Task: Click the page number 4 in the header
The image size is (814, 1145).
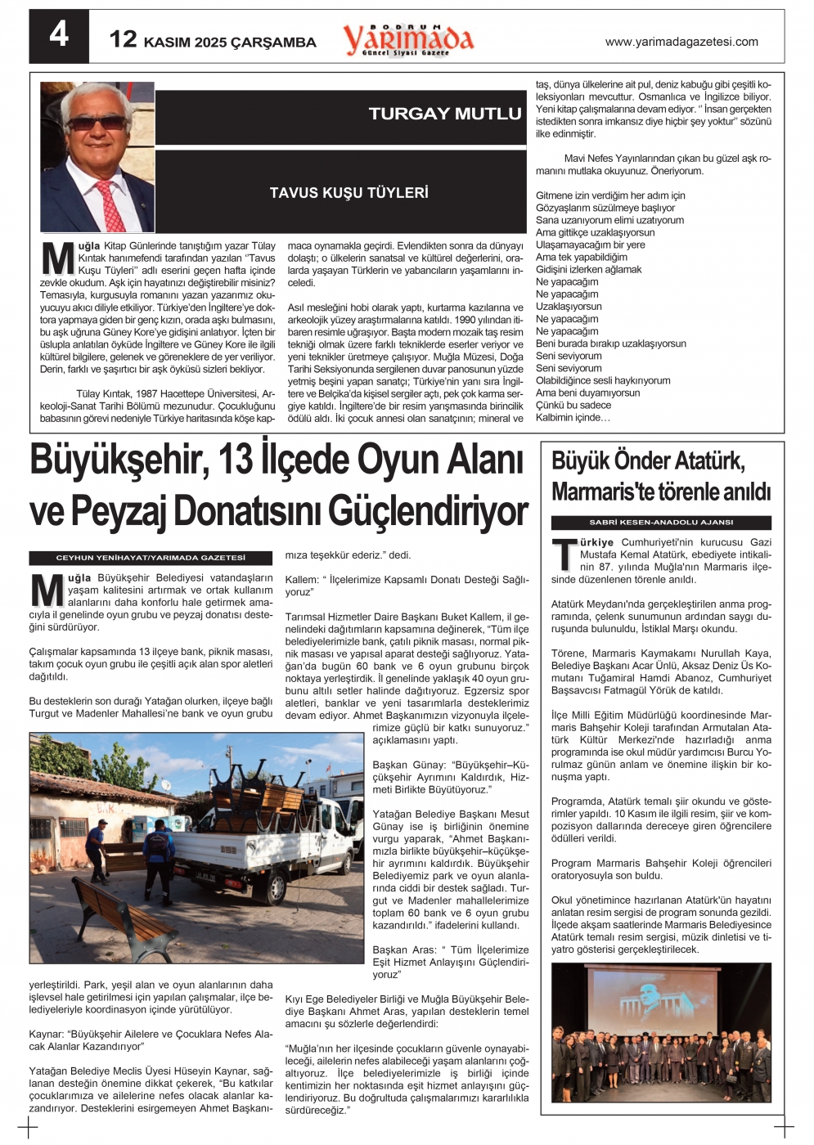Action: (x=59, y=35)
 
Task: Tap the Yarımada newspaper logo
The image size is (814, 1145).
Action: (x=408, y=39)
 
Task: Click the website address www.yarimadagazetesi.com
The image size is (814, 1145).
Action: (x=681, y=42)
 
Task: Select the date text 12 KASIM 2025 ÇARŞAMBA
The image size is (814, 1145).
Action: (x=213, y=40)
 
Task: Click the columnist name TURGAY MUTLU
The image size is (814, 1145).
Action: (x=444, y=114)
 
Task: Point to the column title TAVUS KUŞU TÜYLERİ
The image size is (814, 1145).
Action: (x=349, y=193)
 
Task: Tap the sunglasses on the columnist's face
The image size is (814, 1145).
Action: (x=96, y=123)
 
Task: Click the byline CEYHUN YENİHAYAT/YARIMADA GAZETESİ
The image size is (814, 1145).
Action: (x=151, y=558)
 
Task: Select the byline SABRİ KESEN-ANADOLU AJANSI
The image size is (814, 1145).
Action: (x=661, y=522)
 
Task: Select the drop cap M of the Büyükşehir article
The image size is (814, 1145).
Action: (x=47, y=590)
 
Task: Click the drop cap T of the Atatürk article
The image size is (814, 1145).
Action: (x=564, y=555)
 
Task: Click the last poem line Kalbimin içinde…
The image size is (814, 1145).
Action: (x=573, y=418)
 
